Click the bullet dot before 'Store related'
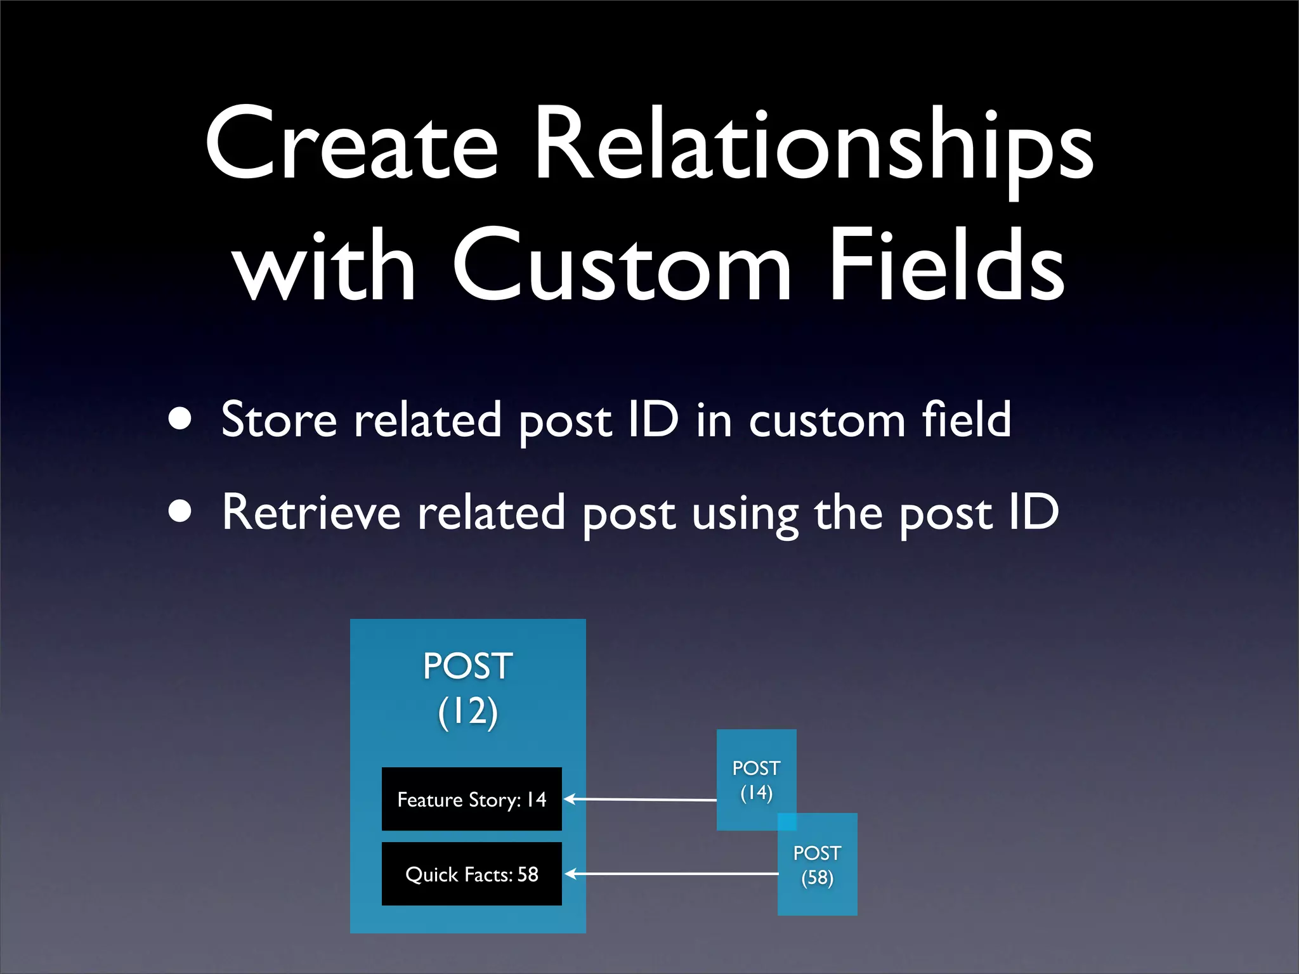181,420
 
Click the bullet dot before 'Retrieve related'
181,512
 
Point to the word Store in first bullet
278,420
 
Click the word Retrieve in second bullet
311,512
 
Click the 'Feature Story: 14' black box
471,799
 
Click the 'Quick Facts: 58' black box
471,874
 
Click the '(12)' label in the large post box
467,711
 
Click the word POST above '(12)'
467,666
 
